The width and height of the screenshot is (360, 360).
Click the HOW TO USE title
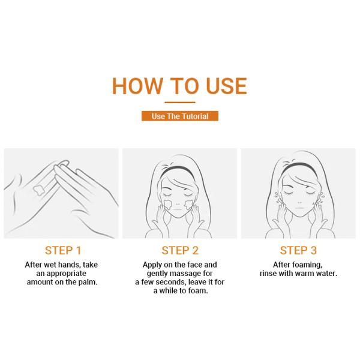179,86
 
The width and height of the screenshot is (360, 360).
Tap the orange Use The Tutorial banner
179,116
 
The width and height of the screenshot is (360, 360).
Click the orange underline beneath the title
179,103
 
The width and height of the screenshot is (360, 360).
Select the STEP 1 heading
63,250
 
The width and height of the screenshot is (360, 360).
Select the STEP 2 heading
179,250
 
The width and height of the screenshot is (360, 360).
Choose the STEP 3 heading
298,250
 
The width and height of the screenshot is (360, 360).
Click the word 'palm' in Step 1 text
87,281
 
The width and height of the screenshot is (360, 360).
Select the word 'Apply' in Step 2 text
152,265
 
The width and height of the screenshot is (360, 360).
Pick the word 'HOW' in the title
137,86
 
